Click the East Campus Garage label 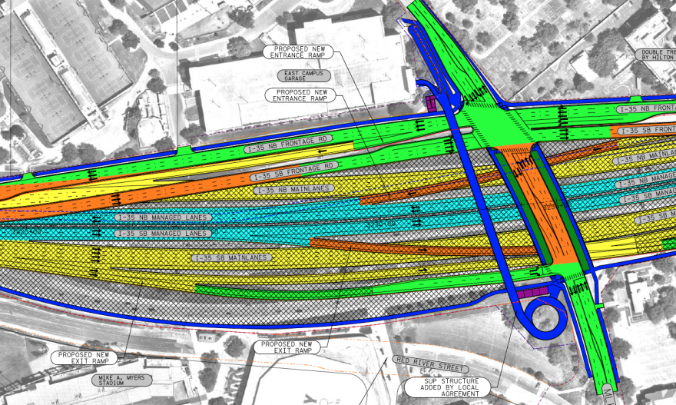coord(304,75)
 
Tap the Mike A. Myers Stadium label coord(121,380)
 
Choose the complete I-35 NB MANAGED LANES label coord(163,217)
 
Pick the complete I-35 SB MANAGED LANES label coord(163,233)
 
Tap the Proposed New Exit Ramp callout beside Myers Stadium coord(84,357)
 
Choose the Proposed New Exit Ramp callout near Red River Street coord(287,347)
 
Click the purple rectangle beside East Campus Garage coord(432,101)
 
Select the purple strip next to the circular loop coord(529,292)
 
